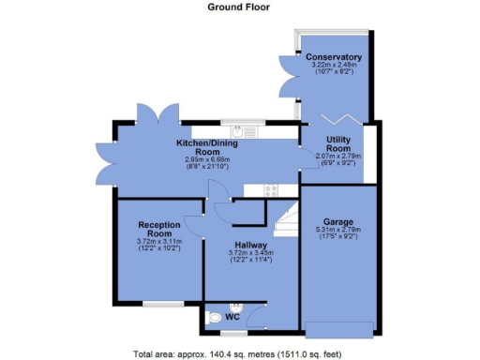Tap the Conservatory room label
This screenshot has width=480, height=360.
(333, 58)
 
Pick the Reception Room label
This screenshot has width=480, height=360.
(158, 230)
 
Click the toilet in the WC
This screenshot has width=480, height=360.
(217, 318)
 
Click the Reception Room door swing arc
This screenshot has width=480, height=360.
(194, 225)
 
